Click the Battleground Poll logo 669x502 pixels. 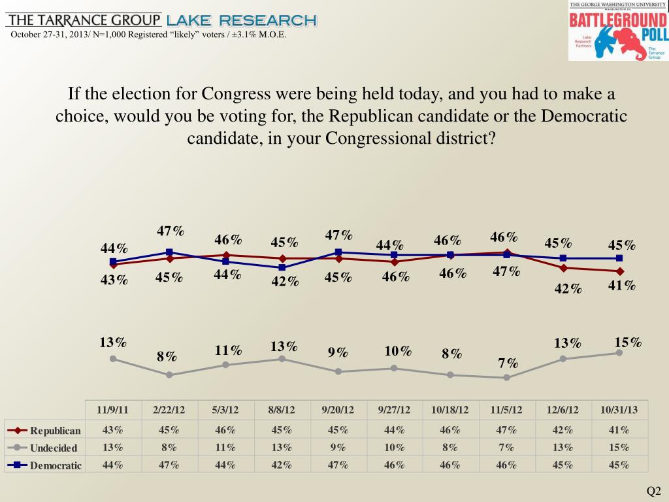point(618,31)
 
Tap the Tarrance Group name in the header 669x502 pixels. point(83,20)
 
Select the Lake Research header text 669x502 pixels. point(242,20)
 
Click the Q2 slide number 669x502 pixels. point(654,491)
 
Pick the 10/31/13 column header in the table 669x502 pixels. point(619,410)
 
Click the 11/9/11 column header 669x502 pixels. point(113,410)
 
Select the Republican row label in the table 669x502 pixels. point(55,430)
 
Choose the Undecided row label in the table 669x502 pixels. point(53,448)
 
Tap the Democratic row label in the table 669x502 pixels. point(56,465)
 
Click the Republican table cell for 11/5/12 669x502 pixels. point(506,430)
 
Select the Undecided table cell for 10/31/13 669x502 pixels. point(619,448)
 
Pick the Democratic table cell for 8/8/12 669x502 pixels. point(282,465)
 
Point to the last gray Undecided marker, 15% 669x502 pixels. point(619,353)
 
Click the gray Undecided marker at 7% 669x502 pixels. point(507,378)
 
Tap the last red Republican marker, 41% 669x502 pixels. point(619,271)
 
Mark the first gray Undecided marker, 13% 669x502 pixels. point(113,358)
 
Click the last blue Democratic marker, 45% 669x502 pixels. point(619,258)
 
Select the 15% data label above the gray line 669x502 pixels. point(628,342)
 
